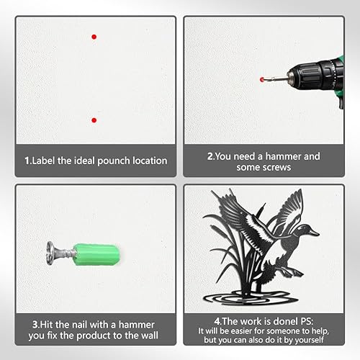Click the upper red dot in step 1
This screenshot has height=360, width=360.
coord(94,37)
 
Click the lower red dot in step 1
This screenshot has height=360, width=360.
coord(94,120)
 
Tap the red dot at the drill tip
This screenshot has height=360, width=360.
coord(262,79)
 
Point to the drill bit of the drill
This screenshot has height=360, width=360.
coord(276,78)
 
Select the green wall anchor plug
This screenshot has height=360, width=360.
coord(96,254)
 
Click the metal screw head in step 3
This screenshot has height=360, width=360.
coord(51,253)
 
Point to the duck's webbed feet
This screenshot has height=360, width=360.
coord(291,272)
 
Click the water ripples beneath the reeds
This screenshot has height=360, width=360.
coord(251,297)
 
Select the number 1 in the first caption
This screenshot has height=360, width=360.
coord(27,161)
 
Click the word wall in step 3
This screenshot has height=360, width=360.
coord(150,336)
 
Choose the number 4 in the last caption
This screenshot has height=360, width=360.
coord(217,321)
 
